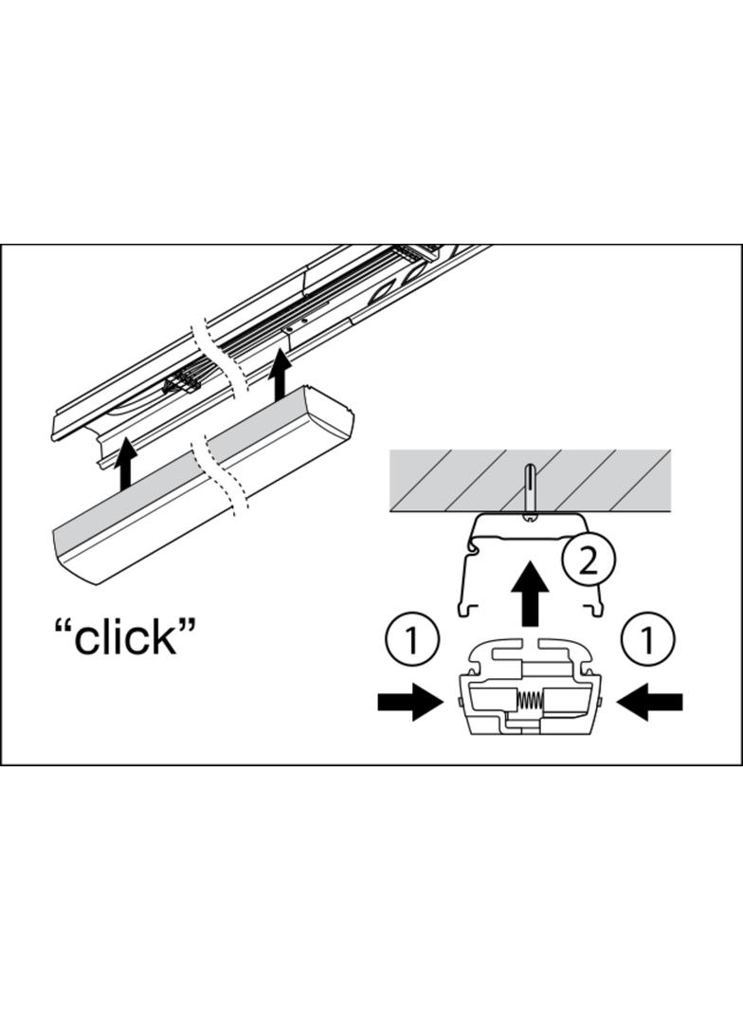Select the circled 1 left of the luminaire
[x=412, y=640]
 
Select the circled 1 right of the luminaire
[x=647, y=640]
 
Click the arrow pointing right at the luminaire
[x=410, y=702]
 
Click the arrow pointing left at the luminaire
[x=649, y=702]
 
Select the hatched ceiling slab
[x=530, y=481]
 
